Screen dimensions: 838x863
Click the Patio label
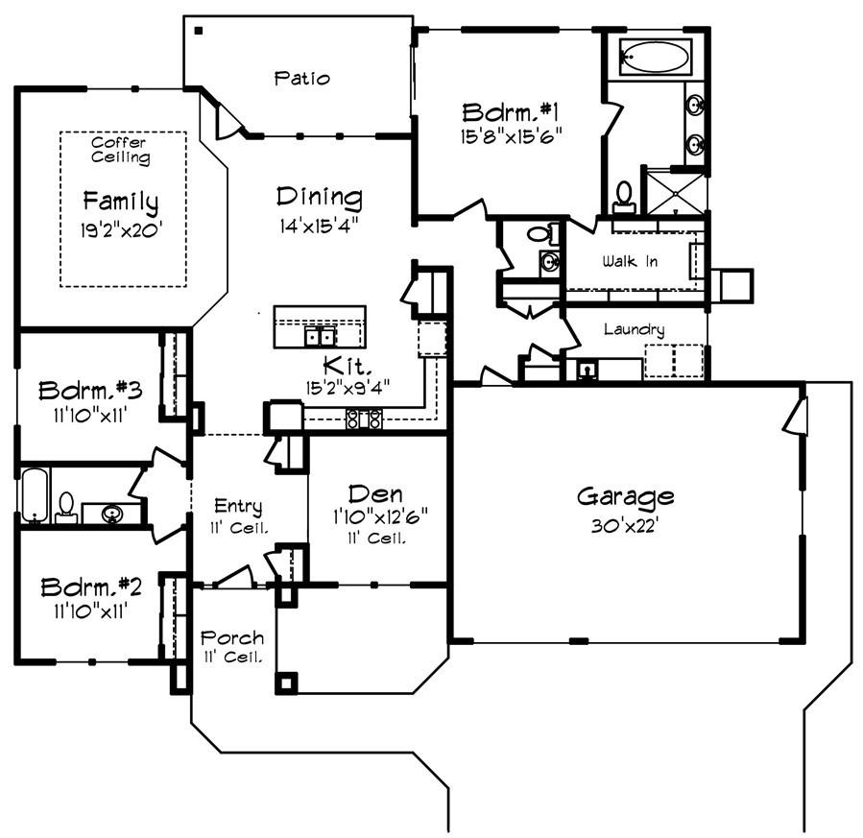point(301,77)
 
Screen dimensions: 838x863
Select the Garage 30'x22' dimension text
point(625,527)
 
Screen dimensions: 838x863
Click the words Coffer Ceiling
point(120,150)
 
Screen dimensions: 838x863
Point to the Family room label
point(120,202)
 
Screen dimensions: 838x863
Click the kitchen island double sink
point(320,337)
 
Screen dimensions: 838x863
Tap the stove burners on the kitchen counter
point(365,419)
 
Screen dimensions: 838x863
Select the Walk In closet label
point(630,261)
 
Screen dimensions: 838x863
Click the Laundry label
point(634,329)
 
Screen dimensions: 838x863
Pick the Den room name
point(374,493)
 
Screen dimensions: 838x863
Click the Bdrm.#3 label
point(90,391)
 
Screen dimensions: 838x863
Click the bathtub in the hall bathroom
point(36,494)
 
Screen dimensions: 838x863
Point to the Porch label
point(231,637)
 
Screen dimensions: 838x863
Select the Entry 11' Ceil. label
point(239,515)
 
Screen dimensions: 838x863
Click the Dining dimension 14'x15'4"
point(320,227)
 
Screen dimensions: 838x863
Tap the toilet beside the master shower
point(625,196)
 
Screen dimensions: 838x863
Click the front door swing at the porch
point(233,576)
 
